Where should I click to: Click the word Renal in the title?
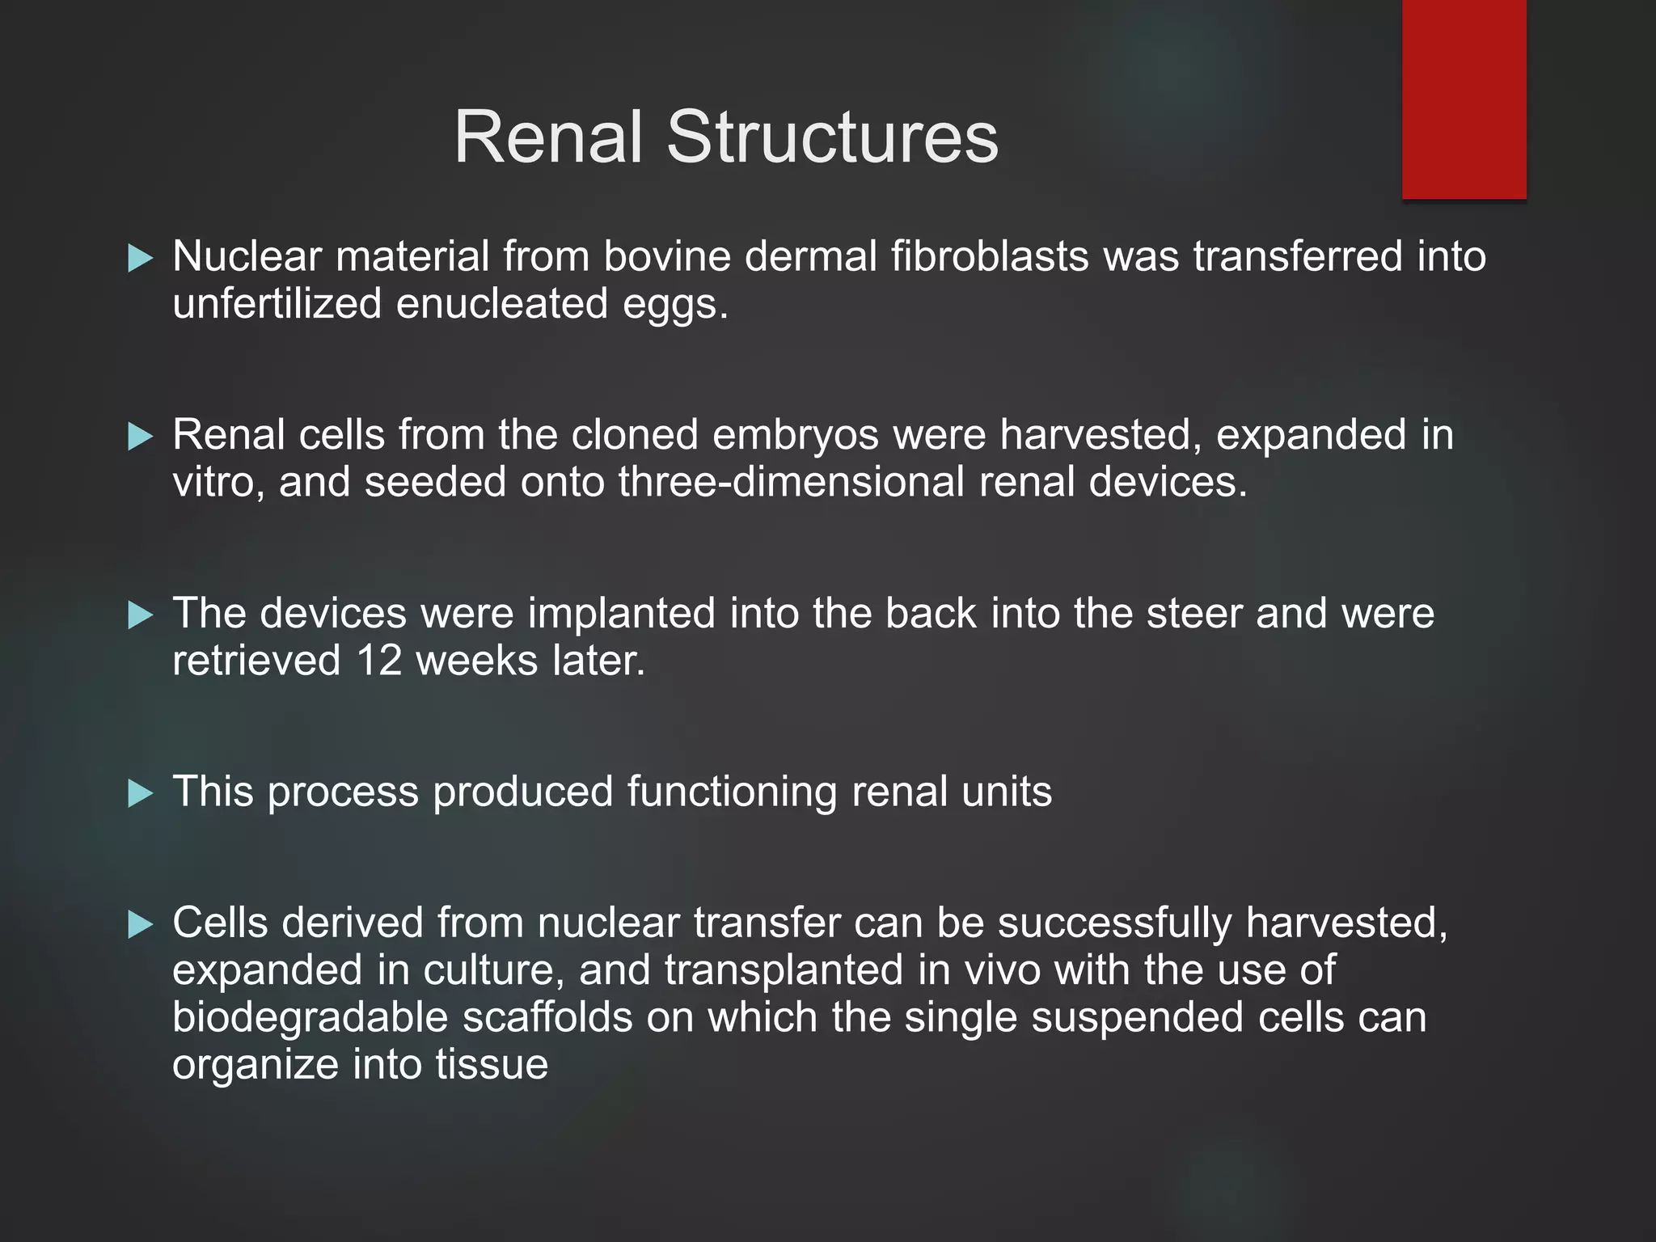(x=547, y=137)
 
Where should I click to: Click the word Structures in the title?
(x=832, y=137)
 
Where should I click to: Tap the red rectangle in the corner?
(x=1464, y=99)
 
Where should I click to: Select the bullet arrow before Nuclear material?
(x=141, y=259)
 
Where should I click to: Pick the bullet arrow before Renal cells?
(x=141, y=437)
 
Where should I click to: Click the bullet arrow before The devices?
(x=141, y=616)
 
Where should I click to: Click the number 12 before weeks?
(x=379, y=661)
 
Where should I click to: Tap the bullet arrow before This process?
(x=141, y=794)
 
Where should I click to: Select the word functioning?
(x=732, y=792)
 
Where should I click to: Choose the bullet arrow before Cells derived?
(x=141, y=924)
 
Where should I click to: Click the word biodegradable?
(x=310, y=1017)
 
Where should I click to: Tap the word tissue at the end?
(x=492, y=1065)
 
